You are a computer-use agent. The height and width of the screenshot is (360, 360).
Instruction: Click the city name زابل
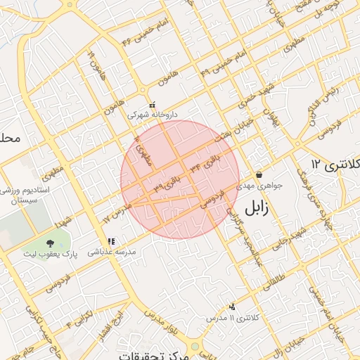point(260,209)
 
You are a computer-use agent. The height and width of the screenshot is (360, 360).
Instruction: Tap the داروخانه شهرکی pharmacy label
point(153,114)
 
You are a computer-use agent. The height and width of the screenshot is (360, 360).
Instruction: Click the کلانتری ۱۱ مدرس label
point(232,318)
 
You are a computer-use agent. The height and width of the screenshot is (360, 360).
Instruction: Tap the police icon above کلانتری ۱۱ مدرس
point(232,307)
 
